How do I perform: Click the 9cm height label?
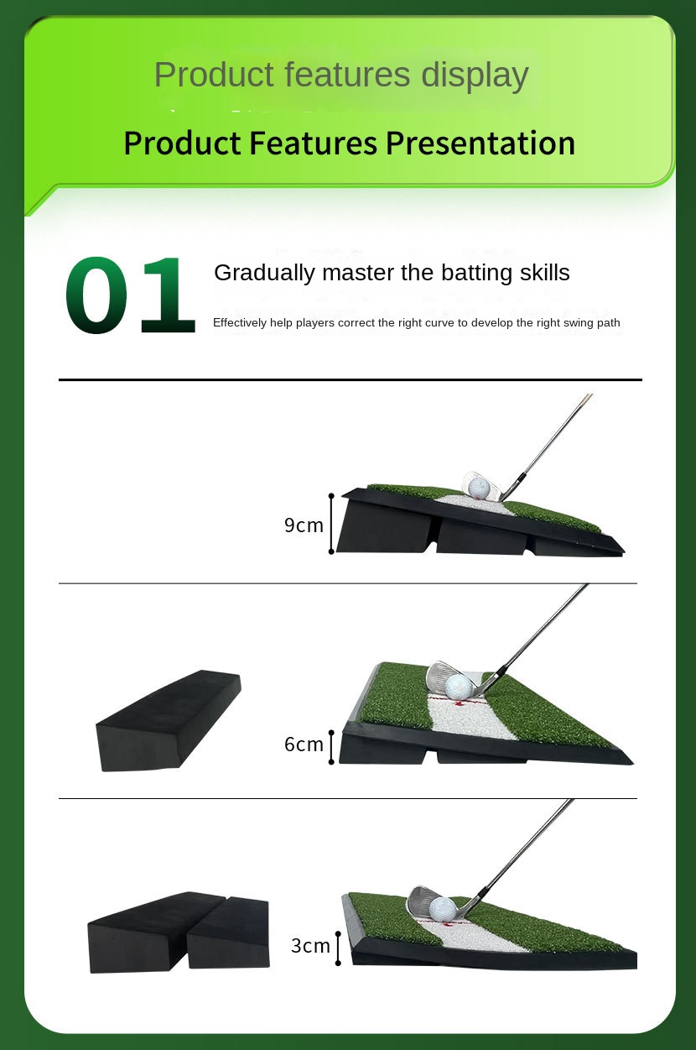304,525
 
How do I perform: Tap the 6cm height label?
304,744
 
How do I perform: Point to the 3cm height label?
310,946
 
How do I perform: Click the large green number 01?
129,296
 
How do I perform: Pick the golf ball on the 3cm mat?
442,909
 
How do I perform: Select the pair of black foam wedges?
179,932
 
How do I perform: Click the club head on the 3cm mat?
418,902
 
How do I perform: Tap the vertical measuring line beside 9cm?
332,525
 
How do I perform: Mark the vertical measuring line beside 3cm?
338,948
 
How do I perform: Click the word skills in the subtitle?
544,273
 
